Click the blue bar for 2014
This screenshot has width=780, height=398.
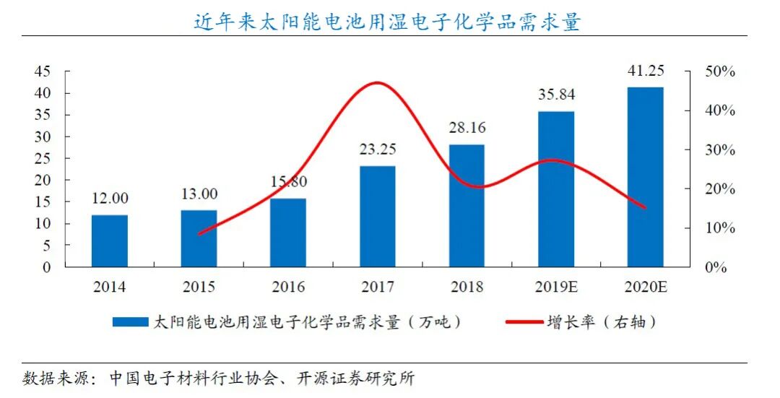coord(110,241)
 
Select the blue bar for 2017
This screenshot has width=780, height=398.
coord(378,217)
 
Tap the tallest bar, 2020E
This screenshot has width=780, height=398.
coord(645,177)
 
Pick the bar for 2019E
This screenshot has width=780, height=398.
coord(556,189)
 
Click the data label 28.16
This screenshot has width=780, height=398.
coord(467,128)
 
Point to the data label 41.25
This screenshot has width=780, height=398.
coord(645,71)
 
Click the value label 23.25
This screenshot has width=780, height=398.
coord(378,150)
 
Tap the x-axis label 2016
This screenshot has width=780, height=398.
coord(288,287)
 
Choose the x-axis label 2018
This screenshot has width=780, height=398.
coord(467,287)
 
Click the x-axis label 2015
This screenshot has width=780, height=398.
coord(199,287)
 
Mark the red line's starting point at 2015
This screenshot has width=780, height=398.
coord(199,234)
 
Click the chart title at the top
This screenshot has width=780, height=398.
coord(387,22)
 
